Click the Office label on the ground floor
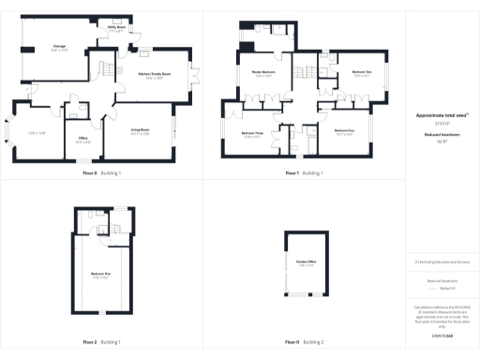82,142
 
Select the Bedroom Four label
344,131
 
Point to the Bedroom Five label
100,274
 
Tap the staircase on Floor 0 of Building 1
108,71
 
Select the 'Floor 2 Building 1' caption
101,341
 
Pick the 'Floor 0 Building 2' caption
304,341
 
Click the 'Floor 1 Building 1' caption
304,172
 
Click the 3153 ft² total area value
442,123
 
